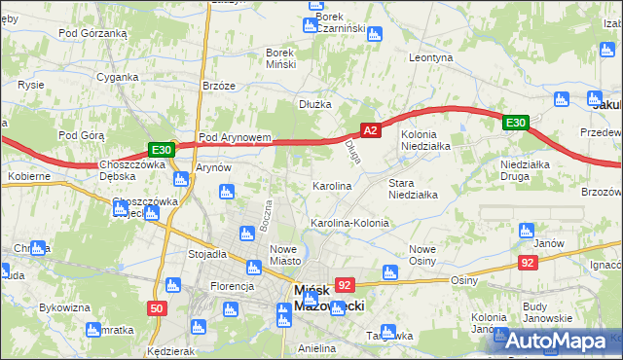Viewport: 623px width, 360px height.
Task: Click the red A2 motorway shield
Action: [x=369, y=128]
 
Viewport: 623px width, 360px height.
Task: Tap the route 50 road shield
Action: [x=157, y=308]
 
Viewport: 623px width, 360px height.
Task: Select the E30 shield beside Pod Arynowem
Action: [x=162, y=150]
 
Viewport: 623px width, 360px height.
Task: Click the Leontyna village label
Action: [x=431, y=58]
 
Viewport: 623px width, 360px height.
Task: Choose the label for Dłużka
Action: [x=315, y=104]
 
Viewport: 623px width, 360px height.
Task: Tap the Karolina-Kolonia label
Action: [x=349, y=223]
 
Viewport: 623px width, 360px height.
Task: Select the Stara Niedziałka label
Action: [x=413, y=189]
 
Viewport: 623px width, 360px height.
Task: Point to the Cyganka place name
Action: [x=116, y=77]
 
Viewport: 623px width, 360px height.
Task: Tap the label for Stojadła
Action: [x=207, y=254]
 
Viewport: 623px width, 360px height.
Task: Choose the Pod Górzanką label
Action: [x=93, y=33]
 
